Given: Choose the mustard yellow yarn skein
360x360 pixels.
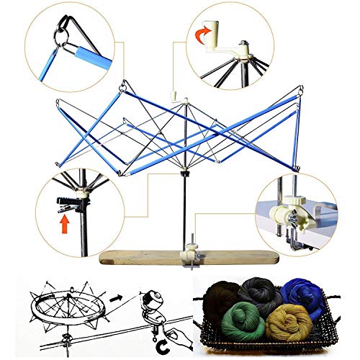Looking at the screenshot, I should pyautogui.click(x=289, y=324).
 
